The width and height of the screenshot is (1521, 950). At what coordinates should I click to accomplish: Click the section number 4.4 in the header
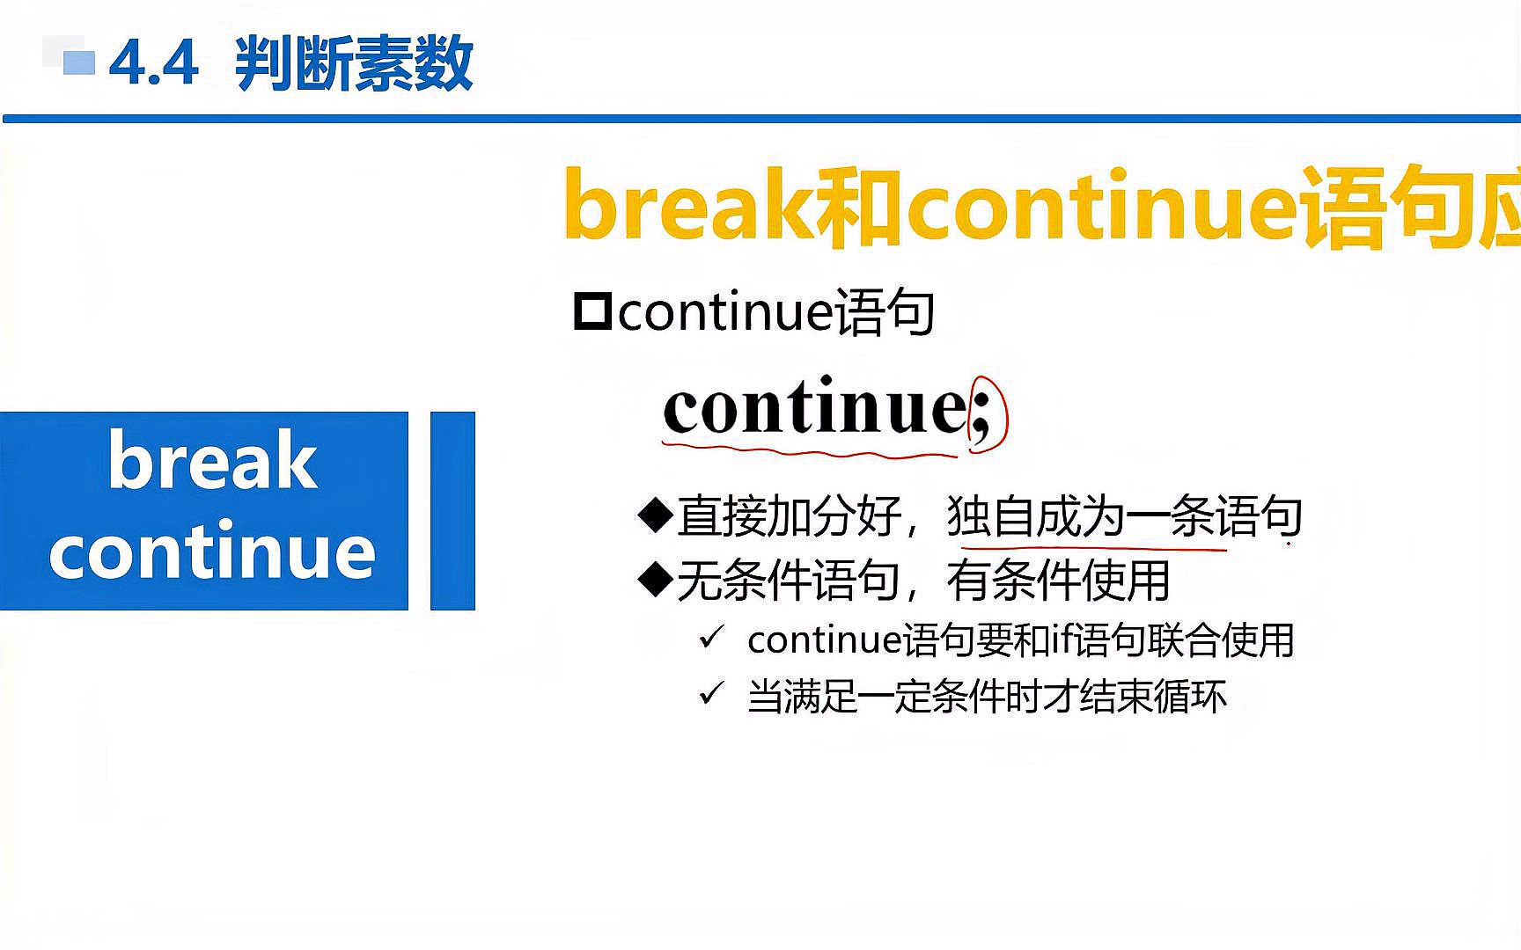point(153,63)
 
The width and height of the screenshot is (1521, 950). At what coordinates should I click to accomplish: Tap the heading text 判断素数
point(354,63)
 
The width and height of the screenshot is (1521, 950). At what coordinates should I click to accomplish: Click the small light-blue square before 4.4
point(79,62)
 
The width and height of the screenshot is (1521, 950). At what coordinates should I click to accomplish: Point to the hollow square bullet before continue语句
point(591,311)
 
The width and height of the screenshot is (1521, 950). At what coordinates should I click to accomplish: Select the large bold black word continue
point(815,408)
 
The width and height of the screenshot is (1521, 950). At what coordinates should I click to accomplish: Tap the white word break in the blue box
point(212,461)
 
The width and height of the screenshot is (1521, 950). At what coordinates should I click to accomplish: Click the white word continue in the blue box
point(212,552)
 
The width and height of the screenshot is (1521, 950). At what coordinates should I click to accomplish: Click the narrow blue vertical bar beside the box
point(452,510)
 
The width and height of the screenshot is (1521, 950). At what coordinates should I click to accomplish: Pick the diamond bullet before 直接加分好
point(655,515)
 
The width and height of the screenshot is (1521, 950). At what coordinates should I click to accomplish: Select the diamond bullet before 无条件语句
point(655,581)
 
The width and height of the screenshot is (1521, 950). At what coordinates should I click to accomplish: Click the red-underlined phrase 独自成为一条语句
point(1123,516)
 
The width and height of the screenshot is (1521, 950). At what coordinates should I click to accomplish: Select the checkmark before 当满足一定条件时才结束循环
point(711,695)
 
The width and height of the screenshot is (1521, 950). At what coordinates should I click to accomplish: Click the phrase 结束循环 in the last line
point(1153,697)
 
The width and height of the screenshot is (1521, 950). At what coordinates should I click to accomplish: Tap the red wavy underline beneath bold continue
point(810,451)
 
